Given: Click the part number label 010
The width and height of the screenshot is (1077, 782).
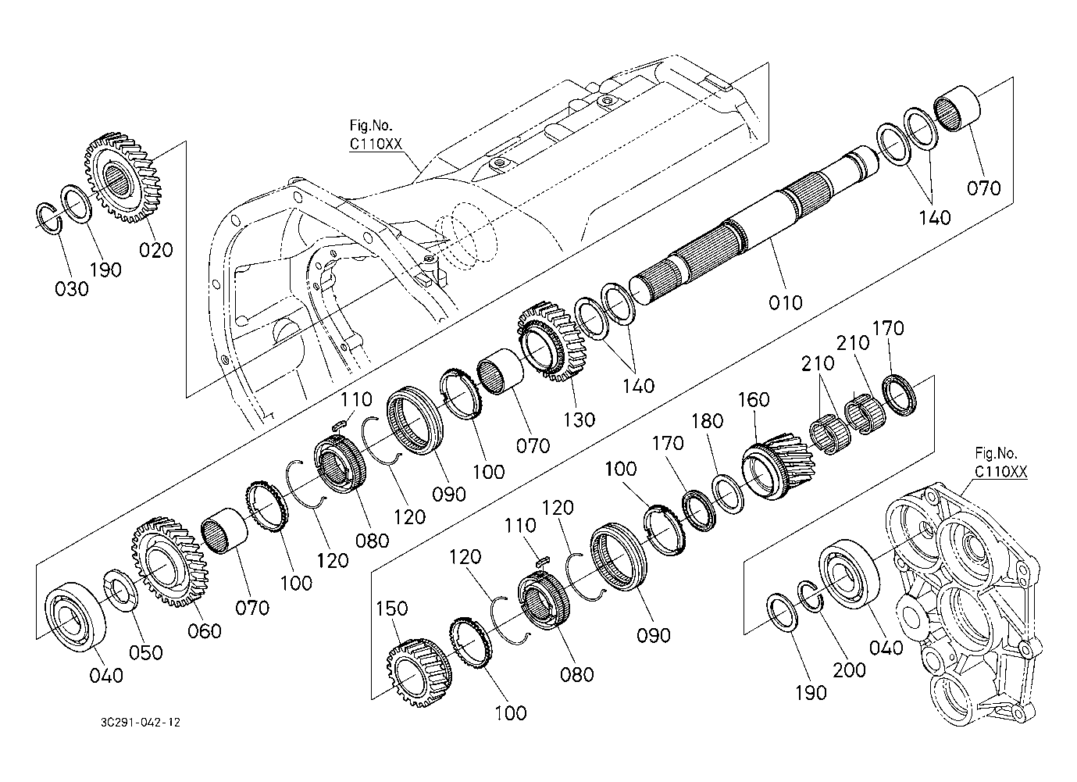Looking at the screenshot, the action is [785, 302].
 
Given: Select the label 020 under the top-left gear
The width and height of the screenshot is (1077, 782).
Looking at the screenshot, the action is [155, 250].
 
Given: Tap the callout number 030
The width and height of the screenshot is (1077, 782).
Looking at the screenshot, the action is [72, 289].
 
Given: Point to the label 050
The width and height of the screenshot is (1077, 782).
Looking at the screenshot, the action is [146, 652].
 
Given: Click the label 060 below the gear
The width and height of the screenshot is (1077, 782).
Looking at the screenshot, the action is [205, 630].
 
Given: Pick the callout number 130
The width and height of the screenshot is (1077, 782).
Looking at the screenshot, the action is [579, 420].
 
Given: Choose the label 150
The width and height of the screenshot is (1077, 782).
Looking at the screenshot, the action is [392, 609].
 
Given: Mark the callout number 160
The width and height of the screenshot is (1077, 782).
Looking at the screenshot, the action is [754, 399].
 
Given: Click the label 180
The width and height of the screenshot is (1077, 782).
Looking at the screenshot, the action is [708, 421].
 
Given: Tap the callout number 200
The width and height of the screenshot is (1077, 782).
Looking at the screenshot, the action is [849, 670].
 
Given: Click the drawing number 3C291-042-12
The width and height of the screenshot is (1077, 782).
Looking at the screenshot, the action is [141, 723].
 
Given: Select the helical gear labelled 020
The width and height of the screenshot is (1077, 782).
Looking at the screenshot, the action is [123, 179].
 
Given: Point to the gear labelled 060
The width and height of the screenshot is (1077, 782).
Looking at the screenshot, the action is [169, 562].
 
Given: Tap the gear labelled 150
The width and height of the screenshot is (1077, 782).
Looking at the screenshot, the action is [419, 673].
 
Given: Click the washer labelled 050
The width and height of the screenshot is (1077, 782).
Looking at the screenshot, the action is [121, 591].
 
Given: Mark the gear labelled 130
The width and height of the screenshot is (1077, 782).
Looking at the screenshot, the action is [551, 341].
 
